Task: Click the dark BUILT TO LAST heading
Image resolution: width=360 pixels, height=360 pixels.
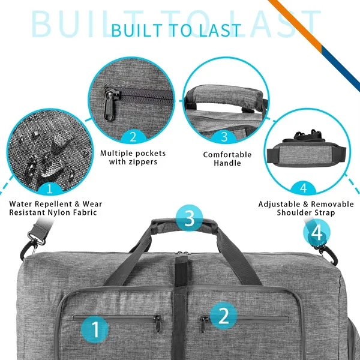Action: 176,30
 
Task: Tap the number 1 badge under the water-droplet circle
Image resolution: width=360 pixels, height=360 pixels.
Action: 49,190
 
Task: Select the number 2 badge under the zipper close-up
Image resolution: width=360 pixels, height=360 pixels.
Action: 133,137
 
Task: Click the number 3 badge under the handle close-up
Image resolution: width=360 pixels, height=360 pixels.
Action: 224,137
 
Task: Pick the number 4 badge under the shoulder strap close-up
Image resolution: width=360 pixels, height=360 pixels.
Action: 304,187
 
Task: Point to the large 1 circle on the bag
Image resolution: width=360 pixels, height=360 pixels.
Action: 95,328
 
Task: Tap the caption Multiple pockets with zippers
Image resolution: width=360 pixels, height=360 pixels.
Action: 133,157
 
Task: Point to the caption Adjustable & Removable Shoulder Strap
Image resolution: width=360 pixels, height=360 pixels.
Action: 306,208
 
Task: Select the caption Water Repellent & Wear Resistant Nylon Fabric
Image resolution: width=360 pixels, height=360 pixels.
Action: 53,208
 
